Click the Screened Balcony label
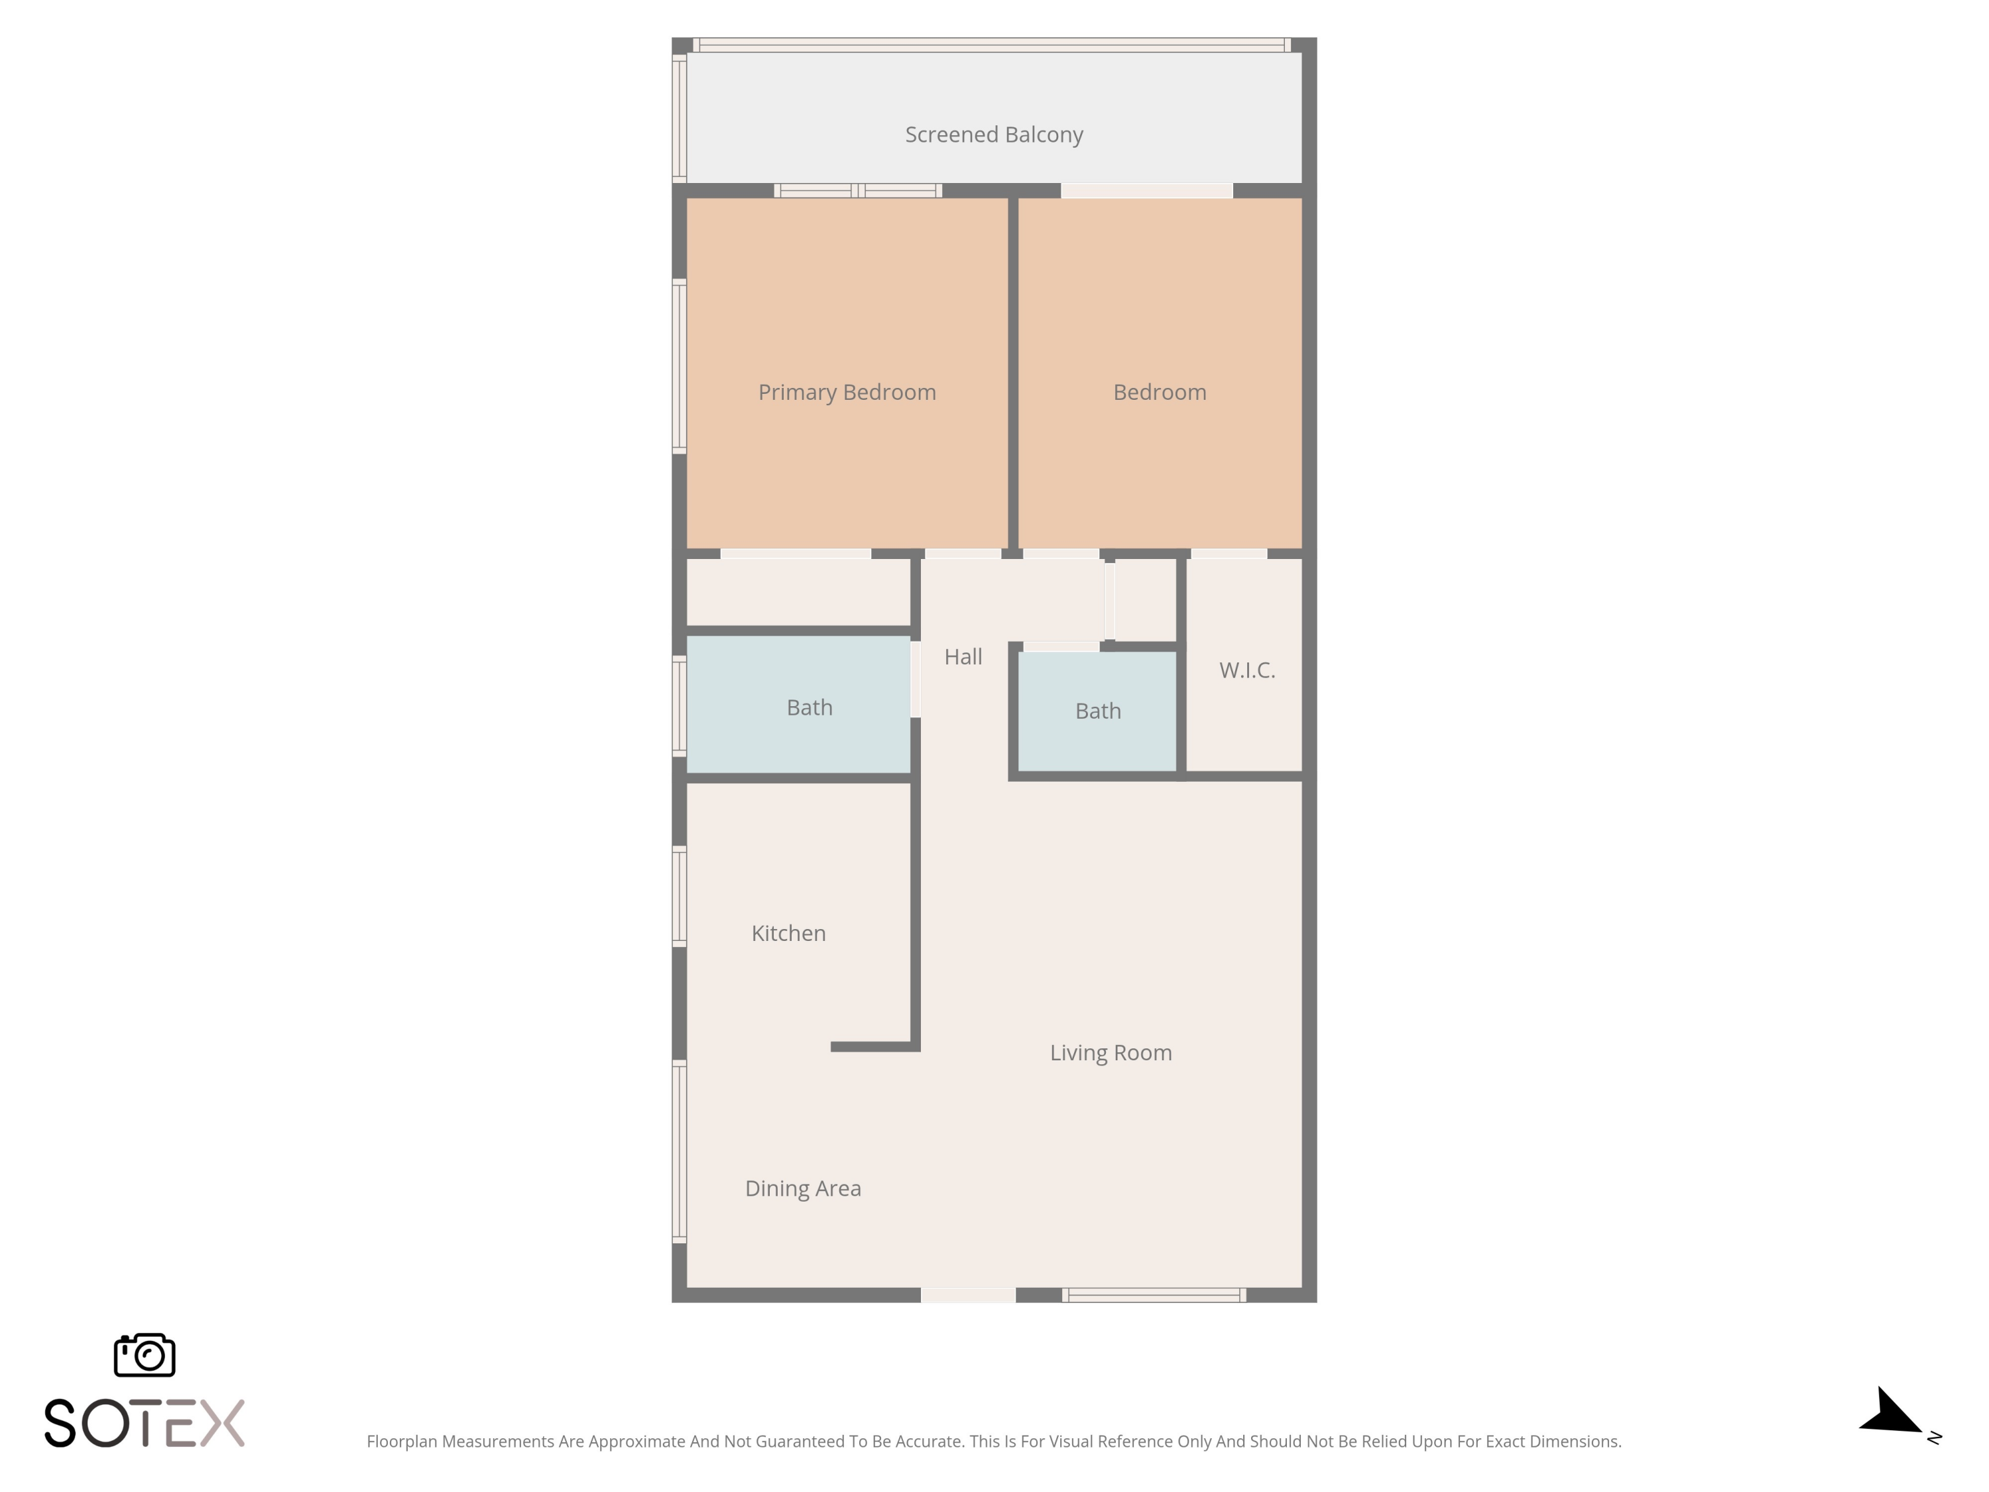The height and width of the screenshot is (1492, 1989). pos(994,135)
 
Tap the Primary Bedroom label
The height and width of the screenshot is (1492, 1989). pos(847,392)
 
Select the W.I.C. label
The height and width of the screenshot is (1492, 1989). pos(1247,670)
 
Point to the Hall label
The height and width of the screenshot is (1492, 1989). pos(963,656)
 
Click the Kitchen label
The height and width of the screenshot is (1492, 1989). pos(788,934)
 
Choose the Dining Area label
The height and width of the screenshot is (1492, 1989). pos(803,1189)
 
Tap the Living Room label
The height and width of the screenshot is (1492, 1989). pos(1111,1053)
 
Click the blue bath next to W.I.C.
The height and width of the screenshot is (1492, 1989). pos(1097,710)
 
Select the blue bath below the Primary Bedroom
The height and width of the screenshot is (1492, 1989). pos(798,704)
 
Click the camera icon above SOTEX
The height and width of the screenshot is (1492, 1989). pos(145,1354)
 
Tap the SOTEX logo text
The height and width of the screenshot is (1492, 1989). pos(145,1423)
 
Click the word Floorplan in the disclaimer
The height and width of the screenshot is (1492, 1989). pos(402,1442)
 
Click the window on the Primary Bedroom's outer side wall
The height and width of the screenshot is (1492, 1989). pos(680,365)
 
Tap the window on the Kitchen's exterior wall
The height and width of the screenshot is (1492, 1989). pos(680,896)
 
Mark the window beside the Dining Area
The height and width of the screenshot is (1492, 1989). pos(680,1152)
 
